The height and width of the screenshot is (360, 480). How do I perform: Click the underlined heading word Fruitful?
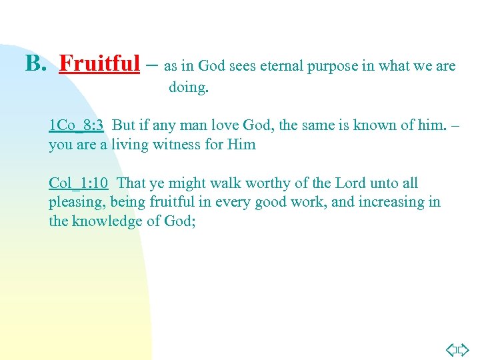pyautogui.click(x=99, y=64)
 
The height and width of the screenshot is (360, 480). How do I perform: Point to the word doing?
pyautogui.click(x=189, y=87)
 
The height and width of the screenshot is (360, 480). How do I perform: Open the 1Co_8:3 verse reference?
pyautogui.click(x=76, y=125)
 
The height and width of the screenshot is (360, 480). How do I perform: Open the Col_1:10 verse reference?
pyautogui.click(x=79, y=183)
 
